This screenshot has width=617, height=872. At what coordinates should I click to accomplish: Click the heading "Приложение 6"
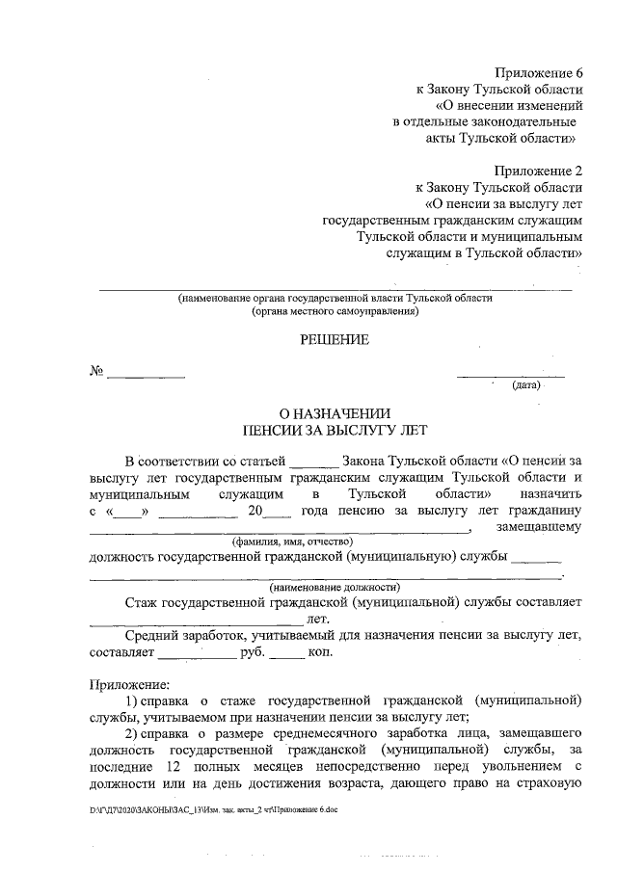(540, 73)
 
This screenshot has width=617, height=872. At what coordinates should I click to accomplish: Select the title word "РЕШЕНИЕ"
(335, 338)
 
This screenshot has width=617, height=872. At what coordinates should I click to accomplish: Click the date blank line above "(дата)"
(510, 375)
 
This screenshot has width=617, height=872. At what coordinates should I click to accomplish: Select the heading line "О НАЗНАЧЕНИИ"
(334, 411)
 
